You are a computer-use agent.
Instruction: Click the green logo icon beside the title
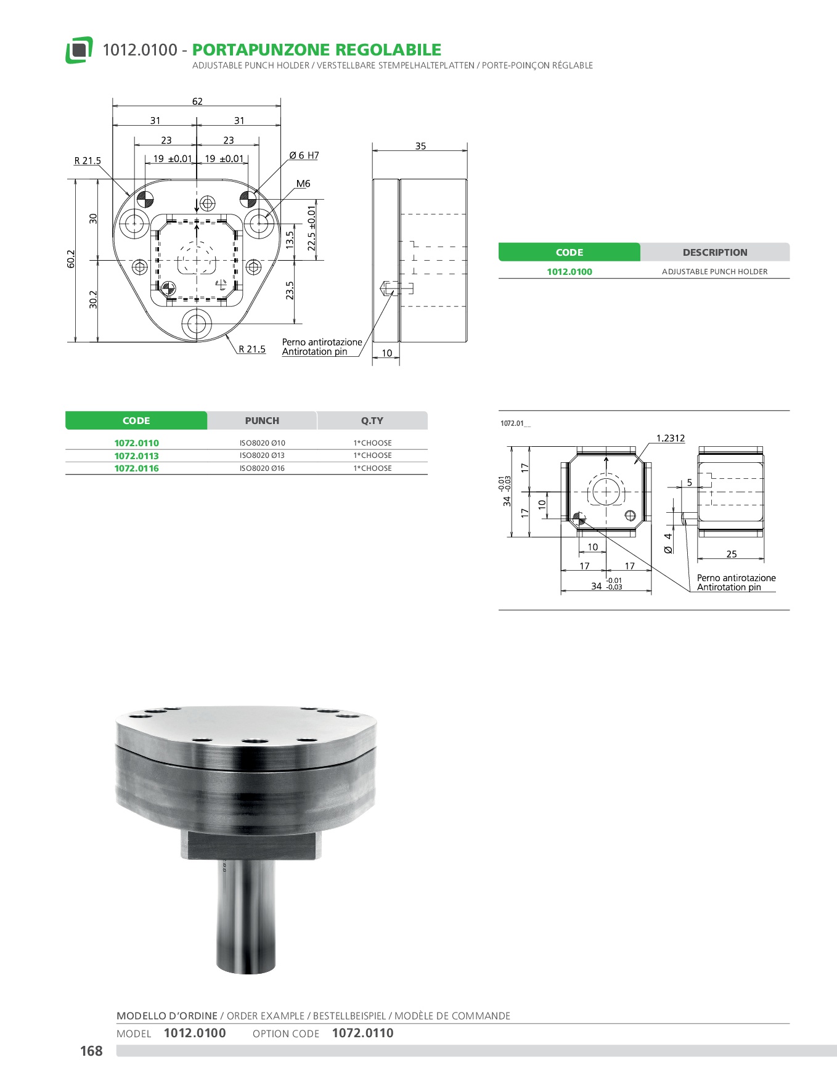[79, 50]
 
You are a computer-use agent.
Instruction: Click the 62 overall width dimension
[197, 102]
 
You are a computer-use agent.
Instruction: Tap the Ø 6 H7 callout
[304, 155]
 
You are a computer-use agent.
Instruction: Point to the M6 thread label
[303, 184]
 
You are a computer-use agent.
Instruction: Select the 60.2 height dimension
[71, 259]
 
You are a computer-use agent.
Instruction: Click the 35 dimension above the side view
[420, 146]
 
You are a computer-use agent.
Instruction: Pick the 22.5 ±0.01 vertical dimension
[312, 229]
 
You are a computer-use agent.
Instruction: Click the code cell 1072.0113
[136, 456]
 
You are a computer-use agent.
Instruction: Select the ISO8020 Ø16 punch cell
[262, 468]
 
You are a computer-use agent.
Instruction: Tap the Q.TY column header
[372, 421]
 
